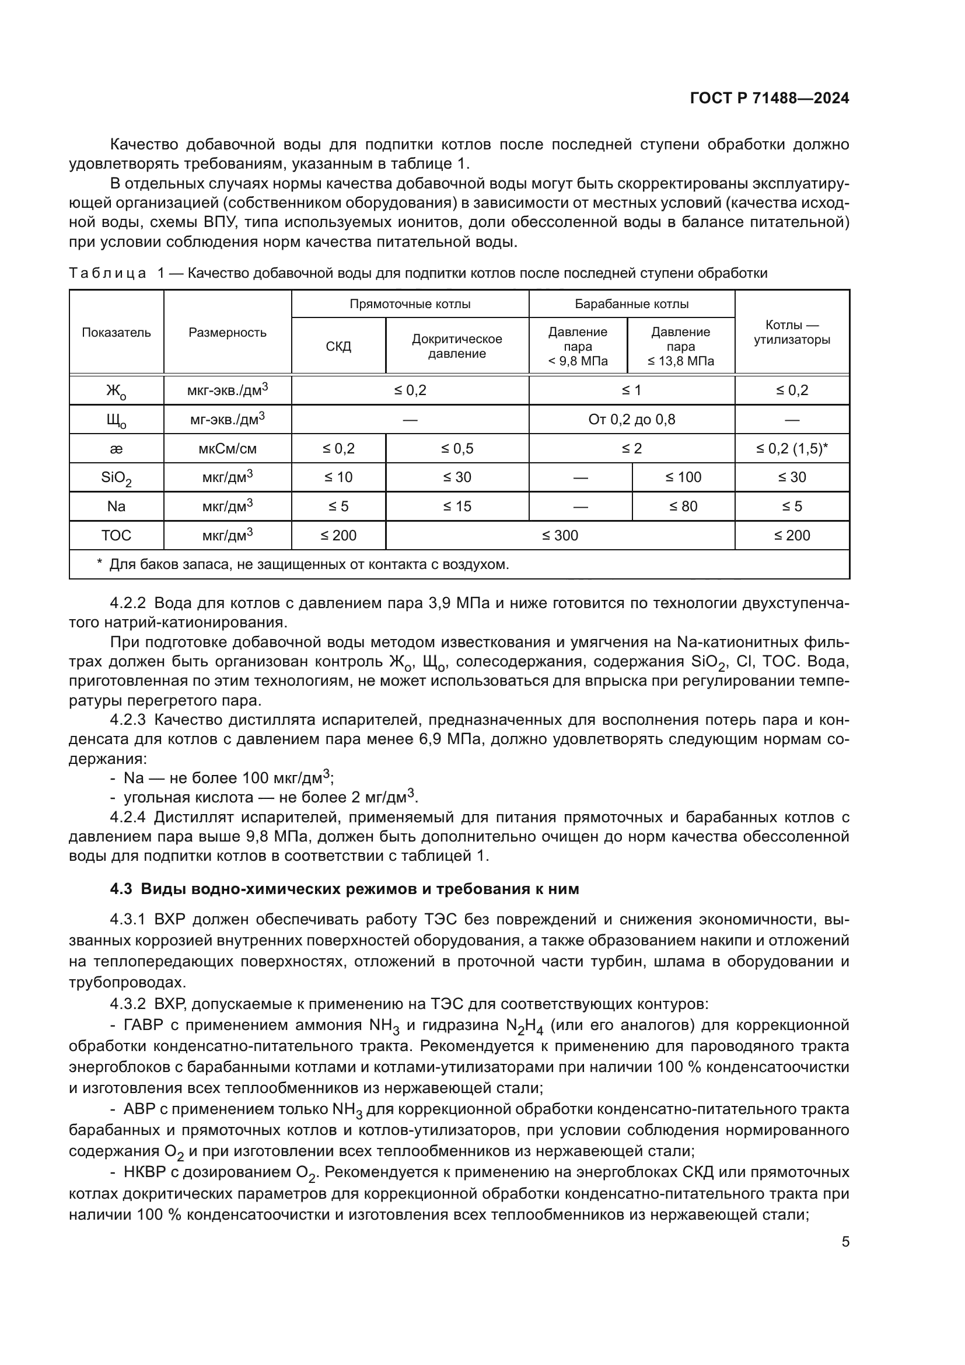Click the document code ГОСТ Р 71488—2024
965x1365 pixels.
(x=770, y=98)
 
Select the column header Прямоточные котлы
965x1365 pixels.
(x=410, y=304)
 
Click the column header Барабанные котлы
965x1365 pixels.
(x=632, y=304)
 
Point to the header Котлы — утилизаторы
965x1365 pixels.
(x=792, y=332)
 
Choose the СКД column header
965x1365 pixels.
(x=339, y=346)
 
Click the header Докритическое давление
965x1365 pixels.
(x=457, y=346)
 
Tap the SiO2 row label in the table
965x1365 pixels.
(x=117, y=478)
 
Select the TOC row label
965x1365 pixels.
(x=117, y=536)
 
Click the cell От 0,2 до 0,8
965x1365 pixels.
(x=632, y=420)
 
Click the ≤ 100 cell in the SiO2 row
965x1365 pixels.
(x=683, y=477)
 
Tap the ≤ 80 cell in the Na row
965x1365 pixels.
(x=683, y=507)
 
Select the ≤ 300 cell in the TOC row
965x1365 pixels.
(x=560, y=536)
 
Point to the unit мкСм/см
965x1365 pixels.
(x=228, y=449)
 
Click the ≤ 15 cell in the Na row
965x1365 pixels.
(x=457, y=507)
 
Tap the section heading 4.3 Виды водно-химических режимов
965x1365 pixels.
(x=345, y=889)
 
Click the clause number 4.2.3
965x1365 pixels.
(x=128, y=720)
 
